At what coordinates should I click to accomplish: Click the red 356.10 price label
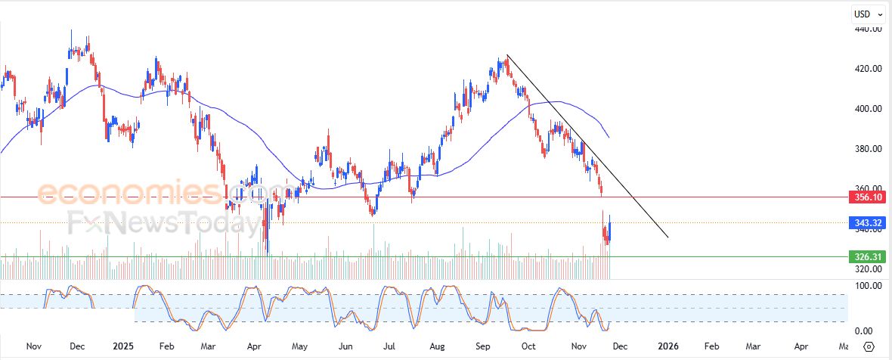(868, 197)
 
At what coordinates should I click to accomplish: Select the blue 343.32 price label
(868, 222)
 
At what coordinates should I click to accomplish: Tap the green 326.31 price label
(868, 256)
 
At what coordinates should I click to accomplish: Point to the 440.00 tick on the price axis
(868, 29)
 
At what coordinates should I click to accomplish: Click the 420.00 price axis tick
(868, 69)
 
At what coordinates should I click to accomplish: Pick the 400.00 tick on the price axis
(868, 109)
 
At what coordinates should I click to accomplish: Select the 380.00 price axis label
(868, 149)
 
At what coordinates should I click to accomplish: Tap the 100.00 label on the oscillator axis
(868, 286)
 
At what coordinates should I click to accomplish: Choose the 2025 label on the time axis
(122, 346)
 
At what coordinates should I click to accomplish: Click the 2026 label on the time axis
(667, 346)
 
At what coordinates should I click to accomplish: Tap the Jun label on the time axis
(346, 346)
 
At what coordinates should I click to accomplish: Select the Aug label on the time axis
(437, 346)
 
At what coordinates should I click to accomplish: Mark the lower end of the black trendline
(668, 237)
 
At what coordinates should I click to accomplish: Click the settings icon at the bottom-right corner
(869, 346)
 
